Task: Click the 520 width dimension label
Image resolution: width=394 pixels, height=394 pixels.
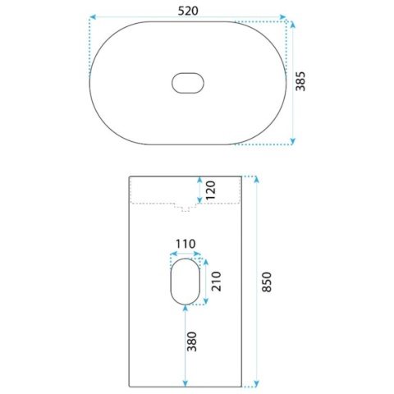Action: (188, 11)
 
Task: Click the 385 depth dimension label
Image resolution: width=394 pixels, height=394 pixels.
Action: (300, 81)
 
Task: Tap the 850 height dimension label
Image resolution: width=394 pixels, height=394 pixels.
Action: (267, 282)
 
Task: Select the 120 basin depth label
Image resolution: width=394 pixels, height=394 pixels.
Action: (211, 190)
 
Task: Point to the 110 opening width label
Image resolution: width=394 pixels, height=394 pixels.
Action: (186, 244)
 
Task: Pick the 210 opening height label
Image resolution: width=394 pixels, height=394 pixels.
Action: (216, 282)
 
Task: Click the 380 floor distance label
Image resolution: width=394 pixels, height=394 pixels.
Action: (191, 341)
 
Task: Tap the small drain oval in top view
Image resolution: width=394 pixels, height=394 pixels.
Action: (188, 83)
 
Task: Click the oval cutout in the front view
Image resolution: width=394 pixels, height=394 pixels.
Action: (186, 282)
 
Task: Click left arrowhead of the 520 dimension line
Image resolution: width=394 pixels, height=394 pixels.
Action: (93, 17)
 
